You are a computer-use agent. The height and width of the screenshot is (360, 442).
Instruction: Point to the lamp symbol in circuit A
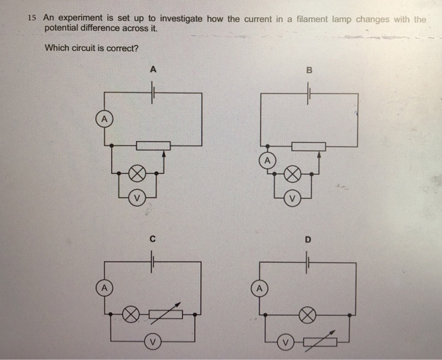tap(138, 172)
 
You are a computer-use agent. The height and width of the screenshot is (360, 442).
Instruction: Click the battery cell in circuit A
tap(152, 93)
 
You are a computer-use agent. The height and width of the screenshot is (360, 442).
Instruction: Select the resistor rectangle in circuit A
tap(153, 145)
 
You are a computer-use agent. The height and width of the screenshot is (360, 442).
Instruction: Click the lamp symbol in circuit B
tap(292, 173)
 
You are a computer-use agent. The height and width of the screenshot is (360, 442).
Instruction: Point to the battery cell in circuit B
tap(309, 93)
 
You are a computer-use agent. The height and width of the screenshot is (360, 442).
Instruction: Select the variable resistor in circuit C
tap(166, 314)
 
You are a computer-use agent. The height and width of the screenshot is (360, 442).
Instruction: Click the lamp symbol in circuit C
tap(131, 314)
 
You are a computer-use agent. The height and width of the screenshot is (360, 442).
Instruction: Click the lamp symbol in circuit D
tap(307, 314)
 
